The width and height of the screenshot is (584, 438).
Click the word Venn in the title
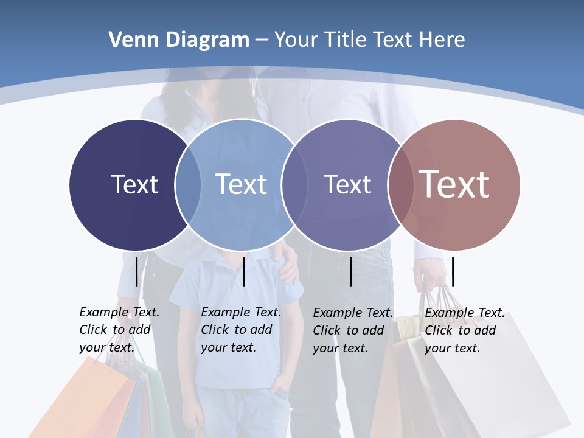[129, 40]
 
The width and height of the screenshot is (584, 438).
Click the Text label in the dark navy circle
[134, 184]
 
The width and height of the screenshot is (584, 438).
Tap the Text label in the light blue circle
[241, 184]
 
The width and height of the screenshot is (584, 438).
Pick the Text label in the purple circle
[347, 184]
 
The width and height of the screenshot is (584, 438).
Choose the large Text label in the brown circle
[454, 184]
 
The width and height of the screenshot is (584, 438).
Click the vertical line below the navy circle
[136, 271]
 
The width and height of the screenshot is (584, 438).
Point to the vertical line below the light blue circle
[243, 271]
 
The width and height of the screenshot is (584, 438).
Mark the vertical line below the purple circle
[351, 271]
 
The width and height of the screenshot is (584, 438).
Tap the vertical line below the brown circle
[453, 271]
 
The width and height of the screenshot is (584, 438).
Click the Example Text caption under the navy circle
[119, 330]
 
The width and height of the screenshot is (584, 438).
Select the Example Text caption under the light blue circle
[240, 330]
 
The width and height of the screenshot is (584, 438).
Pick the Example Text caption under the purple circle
[352, 330]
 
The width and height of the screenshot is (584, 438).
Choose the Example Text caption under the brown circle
[464, 330]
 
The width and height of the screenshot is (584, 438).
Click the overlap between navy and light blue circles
[188, 184]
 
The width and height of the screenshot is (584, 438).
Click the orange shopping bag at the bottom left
[85, 401]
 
